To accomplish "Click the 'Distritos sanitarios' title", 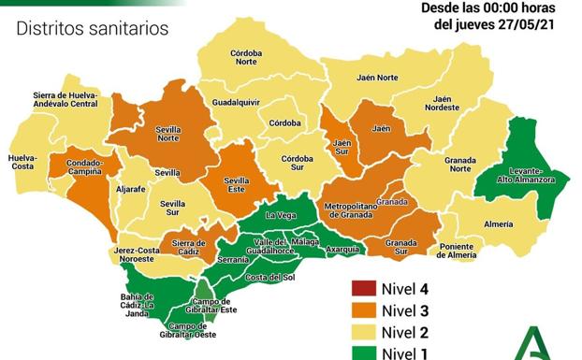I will (93, 28).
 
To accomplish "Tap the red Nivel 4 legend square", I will (359, 288).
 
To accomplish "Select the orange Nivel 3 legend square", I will (359, 310).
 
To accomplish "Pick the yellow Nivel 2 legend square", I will (359, 332).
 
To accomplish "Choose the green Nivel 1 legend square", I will (359, 353).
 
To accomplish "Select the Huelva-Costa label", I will (22, 162).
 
